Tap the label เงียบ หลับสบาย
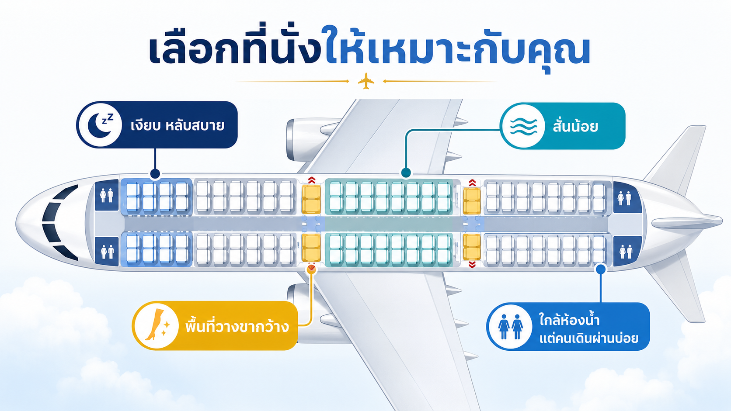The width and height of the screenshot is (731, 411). (x=177, y=126)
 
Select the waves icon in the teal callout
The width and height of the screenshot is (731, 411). (x=523, y=126)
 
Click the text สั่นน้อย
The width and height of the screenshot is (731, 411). (x=575, y=126)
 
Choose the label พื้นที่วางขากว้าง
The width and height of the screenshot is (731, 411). (x=237, y=326)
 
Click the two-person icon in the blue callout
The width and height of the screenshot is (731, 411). (x=511, y=327)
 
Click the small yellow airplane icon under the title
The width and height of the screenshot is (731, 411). (x=366, y=81)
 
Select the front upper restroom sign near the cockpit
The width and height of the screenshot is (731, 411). (x=106, y=195)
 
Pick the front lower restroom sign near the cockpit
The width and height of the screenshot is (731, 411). (x=106, y=252)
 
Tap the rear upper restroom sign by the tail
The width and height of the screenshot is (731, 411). (x=625, y=198)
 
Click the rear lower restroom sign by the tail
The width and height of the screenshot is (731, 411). (x=625, y=251)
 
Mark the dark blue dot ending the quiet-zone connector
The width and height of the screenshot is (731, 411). (x=155, y=173)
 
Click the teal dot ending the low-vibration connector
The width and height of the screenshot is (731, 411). (x=406, y=173)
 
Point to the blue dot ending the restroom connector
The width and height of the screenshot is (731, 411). (x=601, y=269)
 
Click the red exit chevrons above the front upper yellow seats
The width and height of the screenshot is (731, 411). (x=312, y=180)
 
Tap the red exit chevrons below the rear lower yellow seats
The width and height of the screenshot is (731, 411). (x=472, y=265)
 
